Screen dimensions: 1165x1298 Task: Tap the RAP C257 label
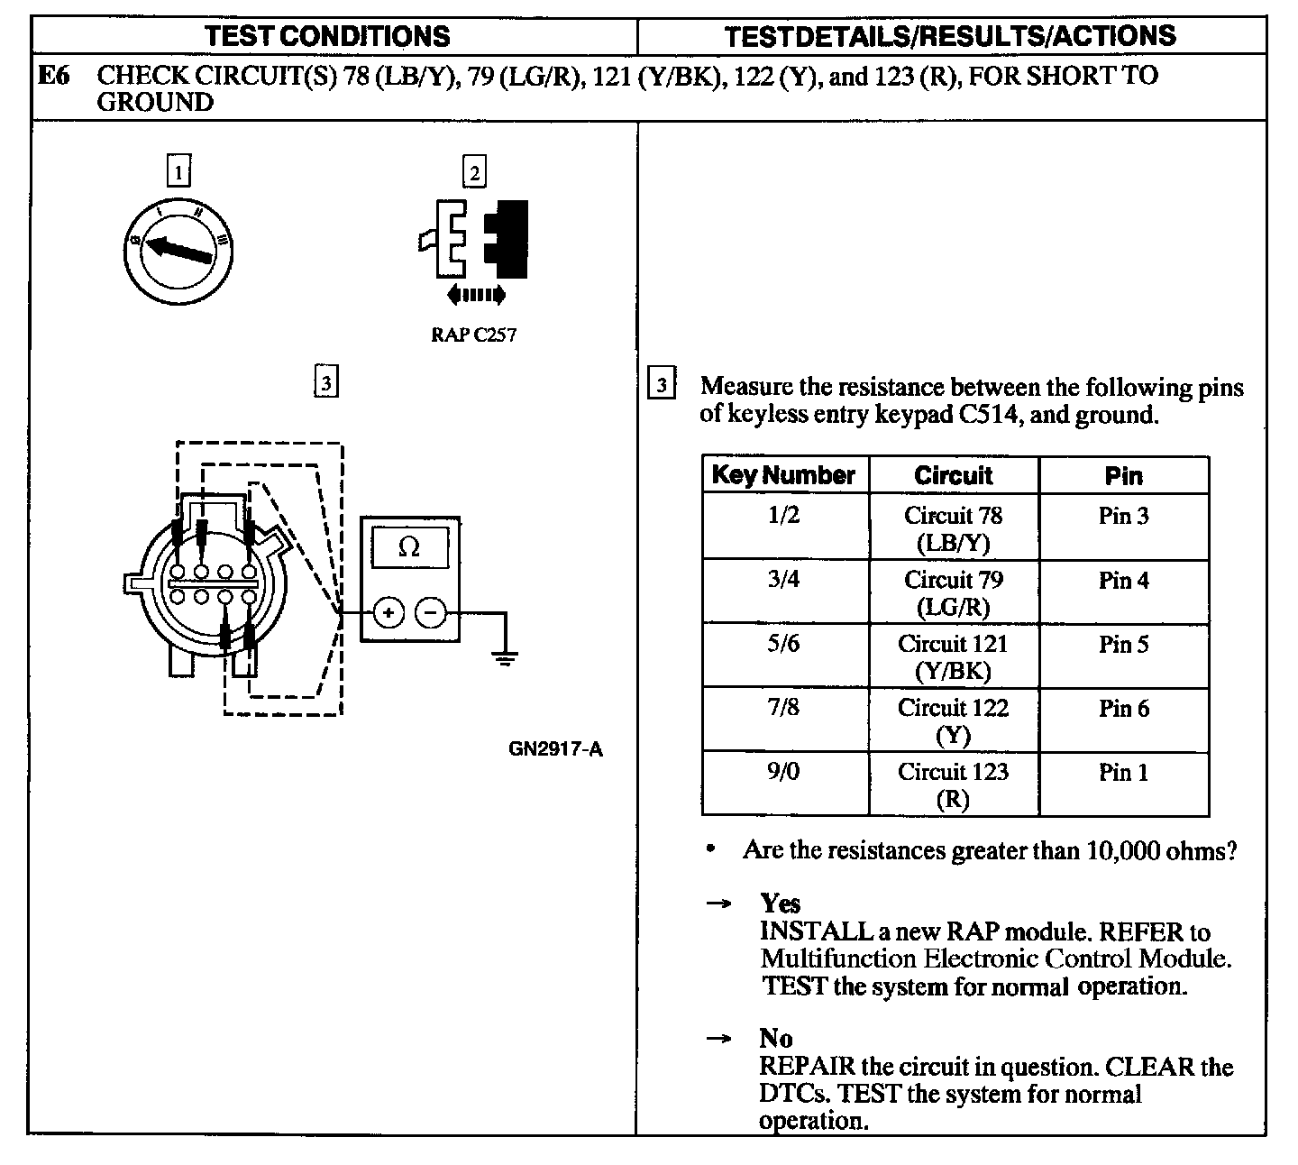(473, 335)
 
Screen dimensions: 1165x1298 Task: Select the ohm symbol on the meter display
(409, 547)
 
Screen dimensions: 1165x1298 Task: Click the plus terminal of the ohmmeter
(388, 614)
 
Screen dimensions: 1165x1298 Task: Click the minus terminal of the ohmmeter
(431, 614)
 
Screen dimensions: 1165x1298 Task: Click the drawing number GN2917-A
(554, 749)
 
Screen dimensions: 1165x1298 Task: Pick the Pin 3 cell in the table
(1123, 517)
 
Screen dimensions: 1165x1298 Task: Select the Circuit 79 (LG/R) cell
(953, 592)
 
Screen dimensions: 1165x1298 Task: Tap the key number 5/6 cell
(783, 645)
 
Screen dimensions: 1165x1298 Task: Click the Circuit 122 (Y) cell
(953, 720)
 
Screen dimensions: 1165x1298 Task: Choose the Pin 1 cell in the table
(1123, 773)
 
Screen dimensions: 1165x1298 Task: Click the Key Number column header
(783, 475)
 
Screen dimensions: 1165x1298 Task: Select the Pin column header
(1123, 475)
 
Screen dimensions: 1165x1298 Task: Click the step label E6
(53, 76)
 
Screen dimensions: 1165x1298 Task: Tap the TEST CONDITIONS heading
(327, 36)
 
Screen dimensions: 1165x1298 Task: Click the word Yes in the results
(780, 903)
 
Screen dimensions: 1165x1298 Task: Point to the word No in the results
(775, 1038)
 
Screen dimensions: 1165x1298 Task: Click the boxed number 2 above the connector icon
(474, 171)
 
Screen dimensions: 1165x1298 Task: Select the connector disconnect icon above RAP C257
(474, 243)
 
